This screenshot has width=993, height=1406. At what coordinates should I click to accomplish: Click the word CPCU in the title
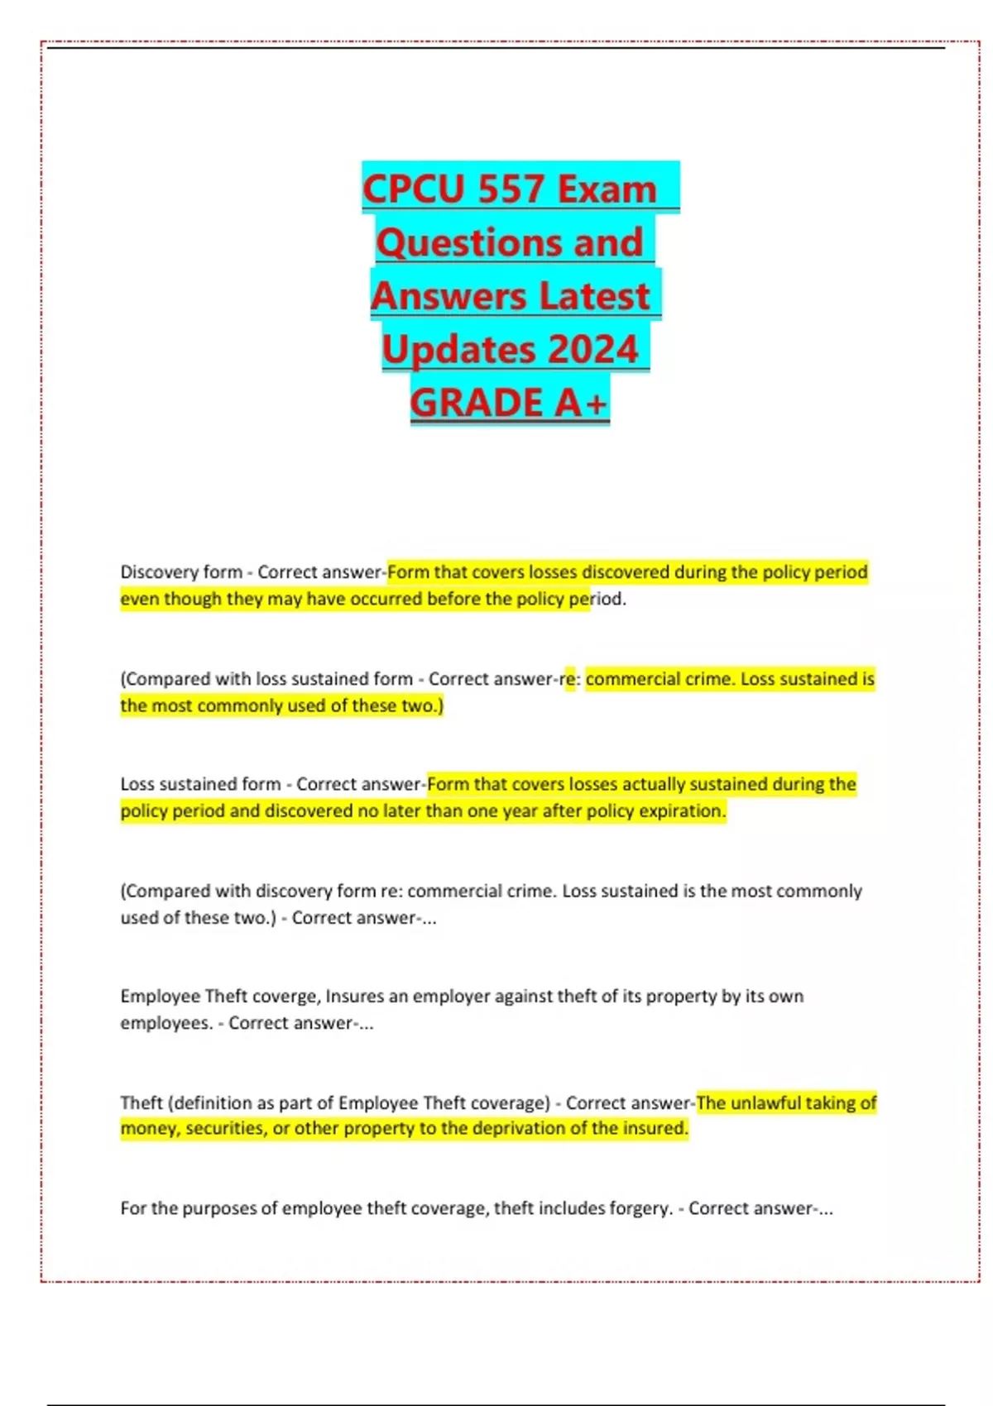point(415,189)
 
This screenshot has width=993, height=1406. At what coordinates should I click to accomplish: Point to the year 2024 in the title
point(592,349)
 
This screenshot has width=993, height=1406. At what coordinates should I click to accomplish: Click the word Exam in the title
point(607,189)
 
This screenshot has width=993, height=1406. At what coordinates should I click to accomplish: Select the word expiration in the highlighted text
point(684,811)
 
